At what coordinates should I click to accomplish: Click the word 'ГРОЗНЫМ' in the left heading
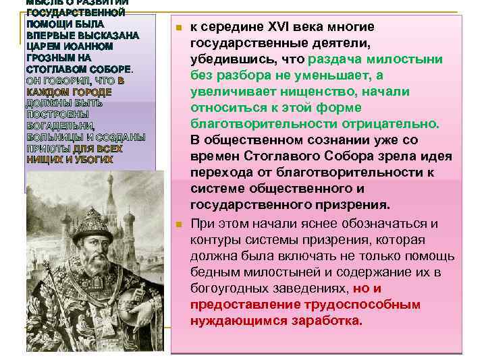[47, 59]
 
